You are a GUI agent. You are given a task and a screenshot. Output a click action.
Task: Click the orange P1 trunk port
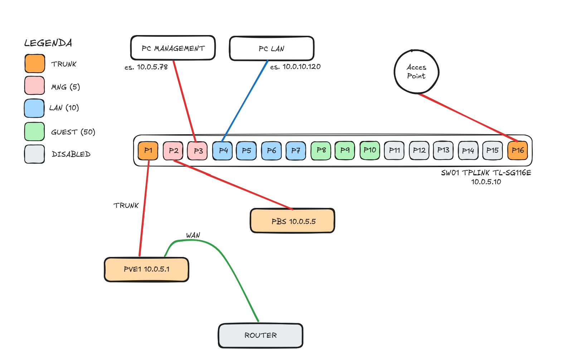[148, 150]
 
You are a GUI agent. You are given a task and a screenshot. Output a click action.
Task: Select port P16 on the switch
[517, 150]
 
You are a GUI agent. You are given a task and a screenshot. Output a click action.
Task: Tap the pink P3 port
[198, 151]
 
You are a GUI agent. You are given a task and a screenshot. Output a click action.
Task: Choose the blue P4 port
[223, 151]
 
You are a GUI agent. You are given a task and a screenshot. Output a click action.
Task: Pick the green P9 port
[345, 150]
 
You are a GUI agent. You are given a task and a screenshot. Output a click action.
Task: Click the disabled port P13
[443, 150]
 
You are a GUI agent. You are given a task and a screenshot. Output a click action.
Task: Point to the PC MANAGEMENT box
[173, 48]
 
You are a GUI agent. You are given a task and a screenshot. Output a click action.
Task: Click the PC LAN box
[272, 49]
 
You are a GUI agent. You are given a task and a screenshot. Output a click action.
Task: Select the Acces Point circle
[416, 72]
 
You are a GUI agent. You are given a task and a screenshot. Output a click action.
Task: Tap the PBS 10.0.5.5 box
[292, 221]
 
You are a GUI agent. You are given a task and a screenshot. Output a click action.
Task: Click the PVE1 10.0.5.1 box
[146, 269]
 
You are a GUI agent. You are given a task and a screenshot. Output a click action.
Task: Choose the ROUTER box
[261, 335]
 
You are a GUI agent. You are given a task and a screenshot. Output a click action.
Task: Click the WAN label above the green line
[193, 235]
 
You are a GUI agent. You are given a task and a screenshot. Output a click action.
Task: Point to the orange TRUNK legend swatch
[35, 64]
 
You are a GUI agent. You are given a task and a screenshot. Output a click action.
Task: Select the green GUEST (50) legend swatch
[34, 132]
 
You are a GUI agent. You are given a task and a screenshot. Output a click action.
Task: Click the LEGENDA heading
[48, 43]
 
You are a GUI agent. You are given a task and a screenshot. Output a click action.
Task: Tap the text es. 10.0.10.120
[295, 67]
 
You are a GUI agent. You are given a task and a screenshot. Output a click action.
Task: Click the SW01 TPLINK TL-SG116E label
[486, 173]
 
